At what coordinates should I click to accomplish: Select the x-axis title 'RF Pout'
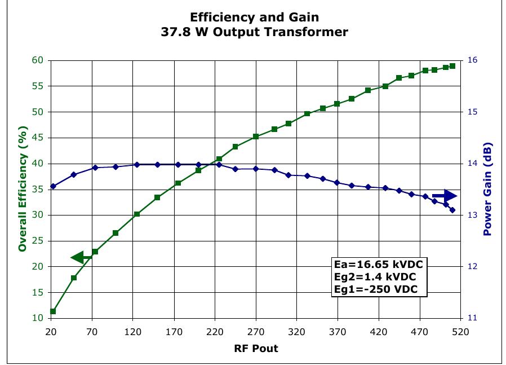click(256, 348)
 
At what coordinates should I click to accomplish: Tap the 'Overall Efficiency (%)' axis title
click(23, 188)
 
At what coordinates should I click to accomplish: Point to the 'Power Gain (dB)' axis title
click(487, 189)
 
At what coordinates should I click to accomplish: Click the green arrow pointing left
click(81, 258)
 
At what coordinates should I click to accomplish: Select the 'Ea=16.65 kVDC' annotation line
click(378, 264)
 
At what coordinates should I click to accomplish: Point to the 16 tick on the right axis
click(472, 60)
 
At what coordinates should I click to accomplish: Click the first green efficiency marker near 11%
click(53, 311)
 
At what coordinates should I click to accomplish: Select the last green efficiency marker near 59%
click(452, 66)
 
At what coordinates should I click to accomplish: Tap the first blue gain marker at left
click(53, 186)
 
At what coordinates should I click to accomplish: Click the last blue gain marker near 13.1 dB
click(452, 210)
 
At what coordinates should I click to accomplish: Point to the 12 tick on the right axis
click(472, 266)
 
